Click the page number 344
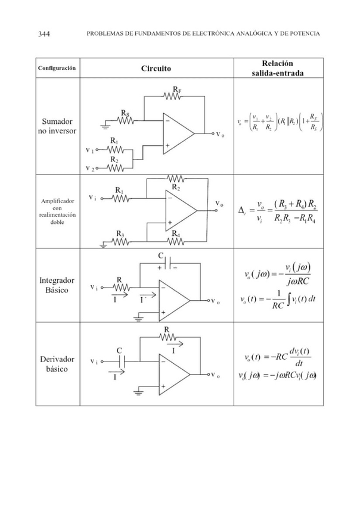coord(43,34)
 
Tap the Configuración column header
coord(57,68)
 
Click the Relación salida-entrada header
coord(277,68)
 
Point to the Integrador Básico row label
coord(57,285)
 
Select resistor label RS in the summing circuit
coord(126,113)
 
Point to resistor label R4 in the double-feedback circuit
coord(175,234)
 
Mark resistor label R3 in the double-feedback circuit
coord(120,234)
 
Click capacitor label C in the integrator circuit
coord(161,255)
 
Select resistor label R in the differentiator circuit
coord(166,329)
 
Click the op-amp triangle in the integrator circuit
coord(175,301)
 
